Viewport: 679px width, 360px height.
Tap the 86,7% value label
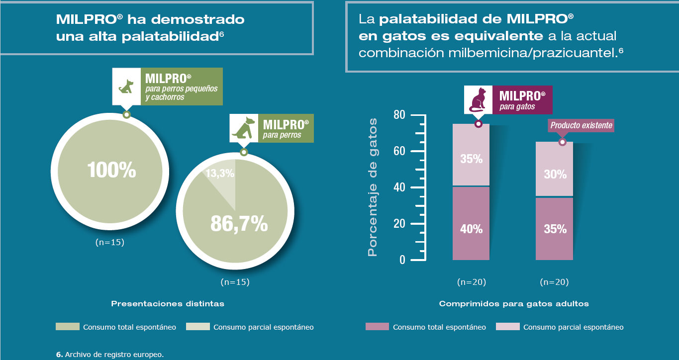coord(239,225)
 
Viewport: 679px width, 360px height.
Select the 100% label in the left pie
coord(111,171)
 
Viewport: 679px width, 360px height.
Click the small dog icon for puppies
coord(126,86)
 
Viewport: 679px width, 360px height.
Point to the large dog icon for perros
coord(243,128)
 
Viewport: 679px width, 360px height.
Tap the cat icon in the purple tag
coord(478,99)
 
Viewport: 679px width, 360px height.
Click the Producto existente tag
coord(581,125)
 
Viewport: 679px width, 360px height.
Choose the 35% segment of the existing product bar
coord(555,229)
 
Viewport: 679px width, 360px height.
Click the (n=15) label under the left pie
coord(109,242)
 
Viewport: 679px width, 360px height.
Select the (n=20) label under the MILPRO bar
coord(471,282)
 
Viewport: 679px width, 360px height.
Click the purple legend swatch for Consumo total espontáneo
coord(377,327)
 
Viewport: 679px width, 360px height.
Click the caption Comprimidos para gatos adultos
coord(514,303)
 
